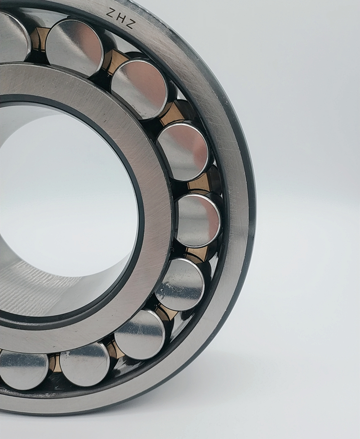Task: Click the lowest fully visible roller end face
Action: [84, 364]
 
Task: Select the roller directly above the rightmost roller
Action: [183, 151]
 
